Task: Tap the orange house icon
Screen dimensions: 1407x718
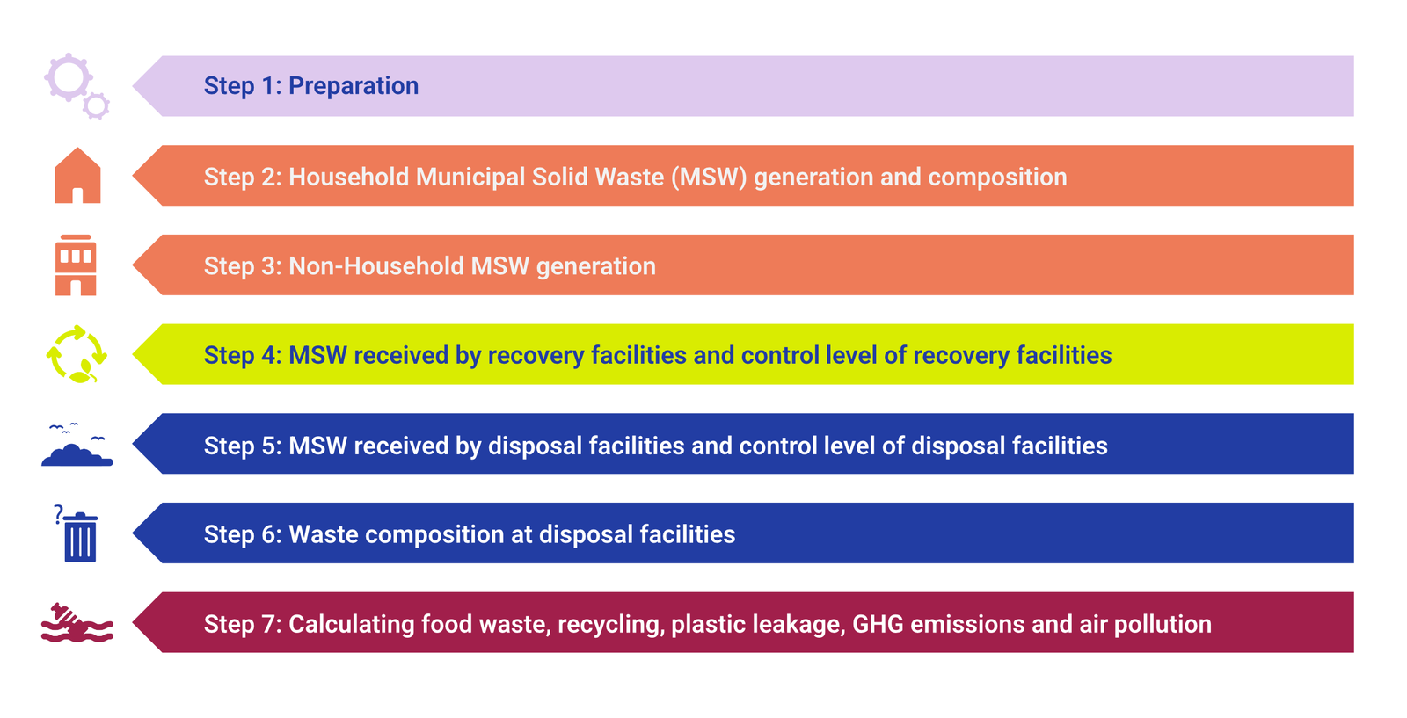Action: coord(77,176)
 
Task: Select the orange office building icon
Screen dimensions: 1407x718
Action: coord(76,265)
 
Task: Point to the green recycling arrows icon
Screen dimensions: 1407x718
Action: coord(77,354)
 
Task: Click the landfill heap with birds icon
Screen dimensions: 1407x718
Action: coord(77,445)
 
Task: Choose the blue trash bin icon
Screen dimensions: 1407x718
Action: coord(80,537)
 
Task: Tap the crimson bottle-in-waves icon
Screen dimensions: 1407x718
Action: coord(77,622)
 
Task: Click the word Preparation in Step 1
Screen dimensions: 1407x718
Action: coord(353,86)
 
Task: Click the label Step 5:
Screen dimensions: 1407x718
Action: coord(243,446)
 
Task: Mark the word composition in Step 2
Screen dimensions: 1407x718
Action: coord(997,178)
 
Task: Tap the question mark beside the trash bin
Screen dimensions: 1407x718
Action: coord(58,514)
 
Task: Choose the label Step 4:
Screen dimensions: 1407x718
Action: coord(243,355)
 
